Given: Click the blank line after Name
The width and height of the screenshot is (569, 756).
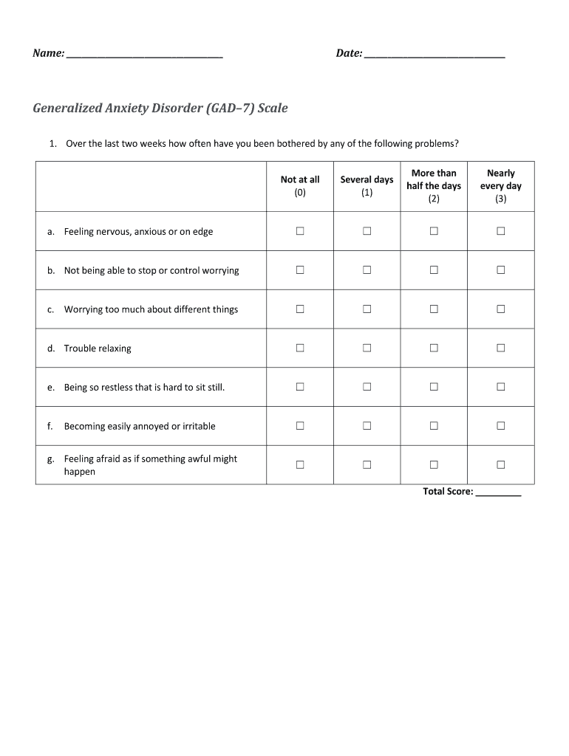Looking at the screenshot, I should coord(144,55).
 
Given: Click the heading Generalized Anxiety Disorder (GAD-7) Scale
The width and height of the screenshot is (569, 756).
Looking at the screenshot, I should coord(160,109).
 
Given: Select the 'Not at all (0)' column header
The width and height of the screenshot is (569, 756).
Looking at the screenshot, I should coord(300,186).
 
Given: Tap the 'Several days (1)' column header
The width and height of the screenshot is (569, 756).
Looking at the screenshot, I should coord(367,186).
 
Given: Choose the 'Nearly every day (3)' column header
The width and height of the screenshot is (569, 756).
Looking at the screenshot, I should coord(501,186).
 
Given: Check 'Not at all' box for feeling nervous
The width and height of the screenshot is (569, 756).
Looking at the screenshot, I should coord(300,231).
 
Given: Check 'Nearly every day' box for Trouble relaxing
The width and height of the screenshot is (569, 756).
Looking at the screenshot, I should coord(501,348).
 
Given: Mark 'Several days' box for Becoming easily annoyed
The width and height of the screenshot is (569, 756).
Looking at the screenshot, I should coord(367,426).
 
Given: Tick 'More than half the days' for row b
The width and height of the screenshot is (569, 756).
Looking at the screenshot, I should coord(434,270).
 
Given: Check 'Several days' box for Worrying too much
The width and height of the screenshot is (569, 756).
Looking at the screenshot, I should coord(367,309).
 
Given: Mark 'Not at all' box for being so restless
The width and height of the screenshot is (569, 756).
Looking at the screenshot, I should coord(300,387).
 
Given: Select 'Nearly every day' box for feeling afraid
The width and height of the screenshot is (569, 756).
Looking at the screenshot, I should coord(501,465).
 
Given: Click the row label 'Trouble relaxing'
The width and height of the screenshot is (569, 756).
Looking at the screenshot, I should coord(98,348).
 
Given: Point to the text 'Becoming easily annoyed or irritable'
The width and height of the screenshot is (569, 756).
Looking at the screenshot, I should coord(140,427).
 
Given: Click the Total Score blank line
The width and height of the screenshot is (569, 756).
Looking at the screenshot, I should coord(499,492).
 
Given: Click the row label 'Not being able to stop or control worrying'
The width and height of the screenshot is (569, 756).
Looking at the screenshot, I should coord(151,271).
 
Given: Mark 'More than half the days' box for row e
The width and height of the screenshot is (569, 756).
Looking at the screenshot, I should coord(434,387).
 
